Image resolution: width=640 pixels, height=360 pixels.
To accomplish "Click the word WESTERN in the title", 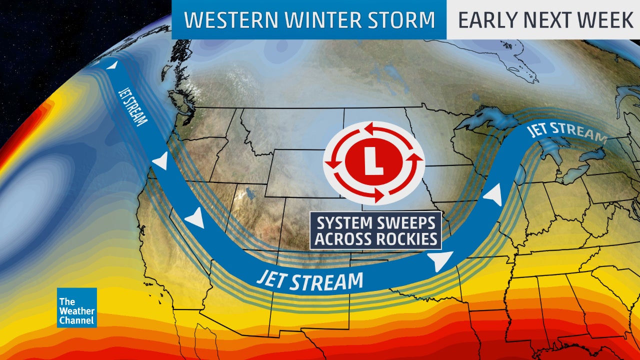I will [223, 20].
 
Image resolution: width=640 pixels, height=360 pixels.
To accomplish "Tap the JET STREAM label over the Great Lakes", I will [566, 133].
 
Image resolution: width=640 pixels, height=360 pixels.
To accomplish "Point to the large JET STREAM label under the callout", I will [310, 280].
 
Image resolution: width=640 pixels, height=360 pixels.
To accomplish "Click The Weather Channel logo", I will [76, 307].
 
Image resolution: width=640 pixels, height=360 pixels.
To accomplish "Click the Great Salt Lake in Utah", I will [246, 193].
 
